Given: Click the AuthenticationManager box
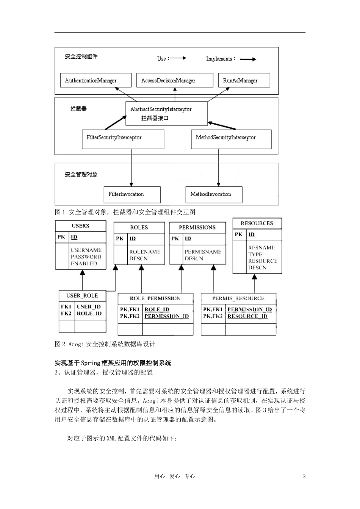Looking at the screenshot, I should pos(95,80).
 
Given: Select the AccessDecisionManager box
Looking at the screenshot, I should pos(174,80).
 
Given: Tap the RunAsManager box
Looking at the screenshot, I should pos(244,80).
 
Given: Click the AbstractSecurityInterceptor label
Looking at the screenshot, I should pos(161,109).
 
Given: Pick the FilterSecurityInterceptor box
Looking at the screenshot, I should pos(123,139).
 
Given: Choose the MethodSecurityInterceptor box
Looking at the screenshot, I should pos(231,139).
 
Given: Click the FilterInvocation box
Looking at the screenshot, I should pos(132,194).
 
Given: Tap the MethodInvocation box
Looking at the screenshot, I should pos(214,194).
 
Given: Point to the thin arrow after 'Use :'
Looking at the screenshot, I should pos(178,58).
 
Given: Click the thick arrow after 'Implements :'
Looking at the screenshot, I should pos(248,59).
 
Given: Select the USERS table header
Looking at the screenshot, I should pos(80,226).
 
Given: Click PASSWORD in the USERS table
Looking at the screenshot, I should pos(86,257).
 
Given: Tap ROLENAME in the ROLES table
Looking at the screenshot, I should pos(145,252).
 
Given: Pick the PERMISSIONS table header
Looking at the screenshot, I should pos(197,227).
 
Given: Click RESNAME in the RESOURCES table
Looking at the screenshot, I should pos(261,248).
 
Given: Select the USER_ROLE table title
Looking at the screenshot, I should pos(82,295).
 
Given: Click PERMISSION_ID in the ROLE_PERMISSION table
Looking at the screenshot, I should pos(166,316).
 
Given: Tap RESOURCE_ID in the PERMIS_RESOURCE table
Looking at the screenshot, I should pos(247,316).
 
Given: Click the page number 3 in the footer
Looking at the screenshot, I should pos(304,476).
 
